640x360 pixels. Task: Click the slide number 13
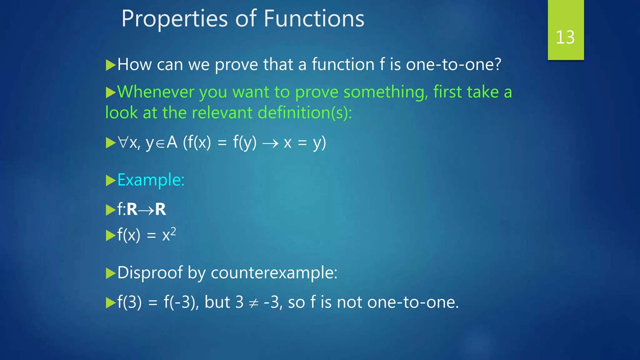pos(565,37)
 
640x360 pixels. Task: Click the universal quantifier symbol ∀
pos(123,143)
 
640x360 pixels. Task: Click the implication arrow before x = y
pos(270,144)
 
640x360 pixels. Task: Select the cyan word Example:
pos(151,180)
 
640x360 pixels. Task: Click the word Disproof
pos(150,273)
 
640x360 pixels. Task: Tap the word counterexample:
pos(274,273)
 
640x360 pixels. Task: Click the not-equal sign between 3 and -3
pos(253,303)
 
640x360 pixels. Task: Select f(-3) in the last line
pos(181,302)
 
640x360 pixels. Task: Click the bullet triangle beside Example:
pos(111,181)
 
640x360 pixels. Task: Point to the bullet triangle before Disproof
pos(111,273)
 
